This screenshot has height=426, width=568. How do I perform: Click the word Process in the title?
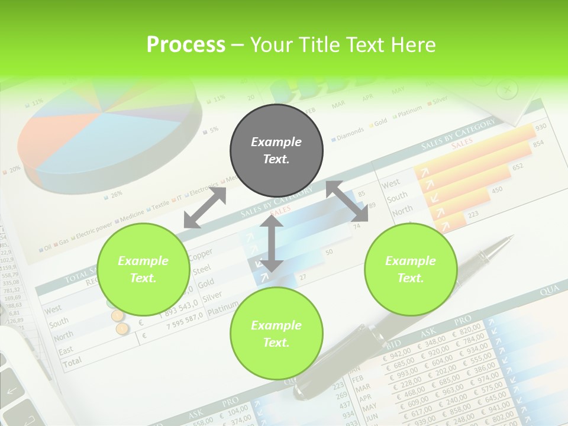(186, 44)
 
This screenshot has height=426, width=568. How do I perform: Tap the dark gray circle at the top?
(276, 150)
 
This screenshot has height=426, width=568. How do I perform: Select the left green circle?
(143, 269)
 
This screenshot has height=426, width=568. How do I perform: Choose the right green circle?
(411, 269)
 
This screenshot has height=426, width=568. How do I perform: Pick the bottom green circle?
(276, 334)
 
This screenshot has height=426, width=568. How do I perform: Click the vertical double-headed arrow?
(272, 243)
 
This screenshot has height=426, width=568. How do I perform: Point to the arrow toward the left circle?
(205, 208)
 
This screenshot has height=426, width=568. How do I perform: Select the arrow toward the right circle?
(347, 201)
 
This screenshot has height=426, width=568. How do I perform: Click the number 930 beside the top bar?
(540, 128)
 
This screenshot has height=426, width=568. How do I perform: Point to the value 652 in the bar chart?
(518, 167)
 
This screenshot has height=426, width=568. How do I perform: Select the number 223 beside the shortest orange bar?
(473, 215)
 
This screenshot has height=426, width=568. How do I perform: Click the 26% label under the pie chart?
(116, 193)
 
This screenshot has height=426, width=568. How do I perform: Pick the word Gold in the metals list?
(206, 283)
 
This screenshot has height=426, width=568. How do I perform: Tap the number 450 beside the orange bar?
(497, 190)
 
